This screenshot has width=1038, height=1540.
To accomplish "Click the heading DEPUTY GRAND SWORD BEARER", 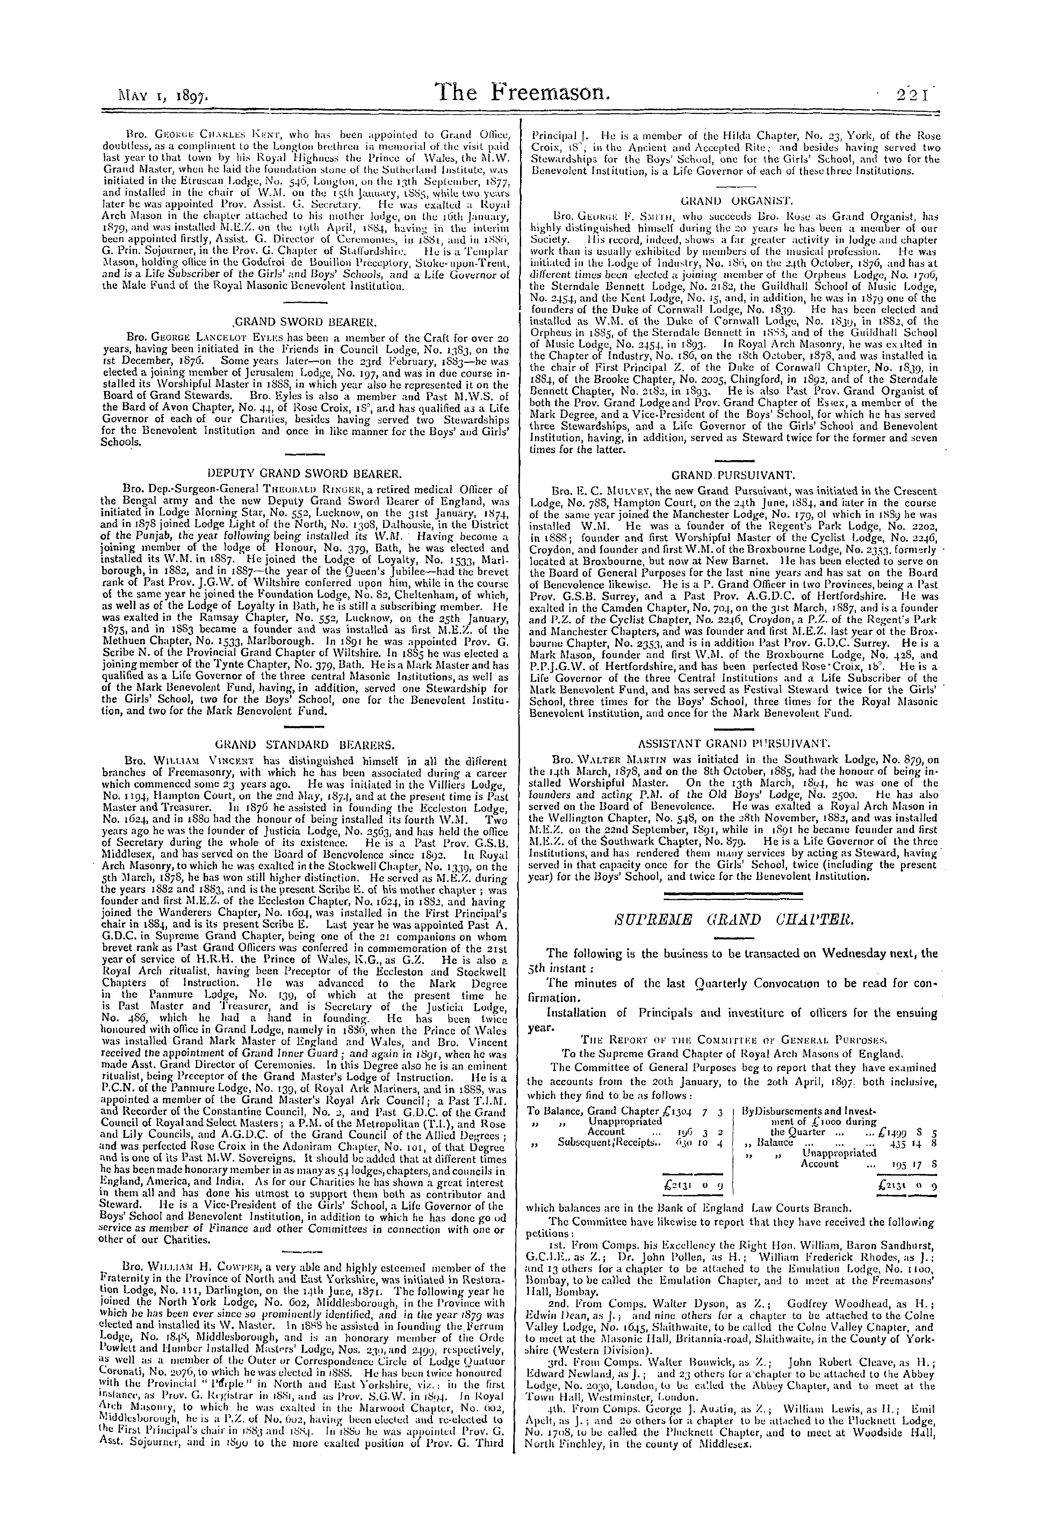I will pyautogui.click(x=305, y=474).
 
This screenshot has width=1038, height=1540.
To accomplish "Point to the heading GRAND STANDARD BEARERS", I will pyautogui.click(x=305, y=744).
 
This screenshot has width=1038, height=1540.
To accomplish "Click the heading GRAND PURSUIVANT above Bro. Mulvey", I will pyautogui.click(x=733, y=475).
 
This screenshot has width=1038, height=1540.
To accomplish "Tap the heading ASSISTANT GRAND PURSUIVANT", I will pyautogui.click(x=733, y=744).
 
